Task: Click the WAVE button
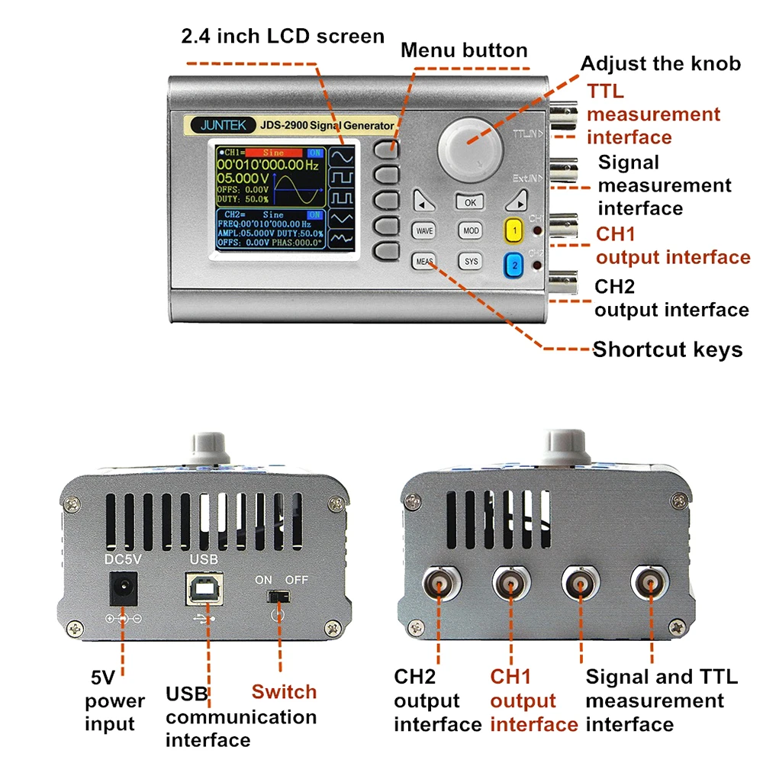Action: [x=425, y=230]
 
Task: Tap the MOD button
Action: [x=471, y=230]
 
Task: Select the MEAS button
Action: [x=424, y=261]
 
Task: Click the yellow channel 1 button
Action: [x=514, y=230]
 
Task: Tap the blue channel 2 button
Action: [x=514, y=265]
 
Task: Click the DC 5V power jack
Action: [x=122, y=589]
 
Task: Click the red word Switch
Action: [x=284, y=692]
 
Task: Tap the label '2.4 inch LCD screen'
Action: [x=282, y=36]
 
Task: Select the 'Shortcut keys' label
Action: [x=668, y=350]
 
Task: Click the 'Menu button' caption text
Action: [x=464, y=51]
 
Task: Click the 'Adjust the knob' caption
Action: [x=661, y=63]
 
